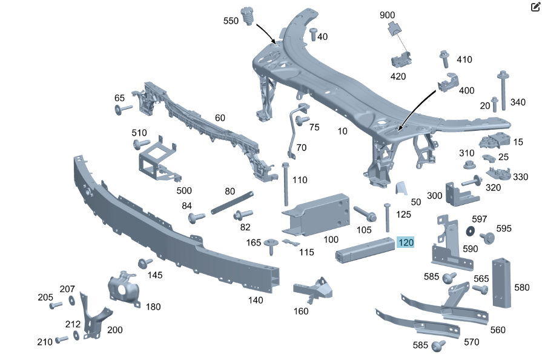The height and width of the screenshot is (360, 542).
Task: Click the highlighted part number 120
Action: click(406, 243)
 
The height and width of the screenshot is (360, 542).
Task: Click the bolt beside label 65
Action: click(123, 110)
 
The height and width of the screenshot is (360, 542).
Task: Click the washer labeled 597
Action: click(470, 231)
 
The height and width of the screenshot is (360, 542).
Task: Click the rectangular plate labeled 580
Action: click(502, 282)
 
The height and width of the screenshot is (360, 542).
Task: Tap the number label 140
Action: click(256, 300)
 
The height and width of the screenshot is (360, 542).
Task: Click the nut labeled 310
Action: click(468, 164)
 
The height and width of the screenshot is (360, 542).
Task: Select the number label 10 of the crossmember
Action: click(342, 131)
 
